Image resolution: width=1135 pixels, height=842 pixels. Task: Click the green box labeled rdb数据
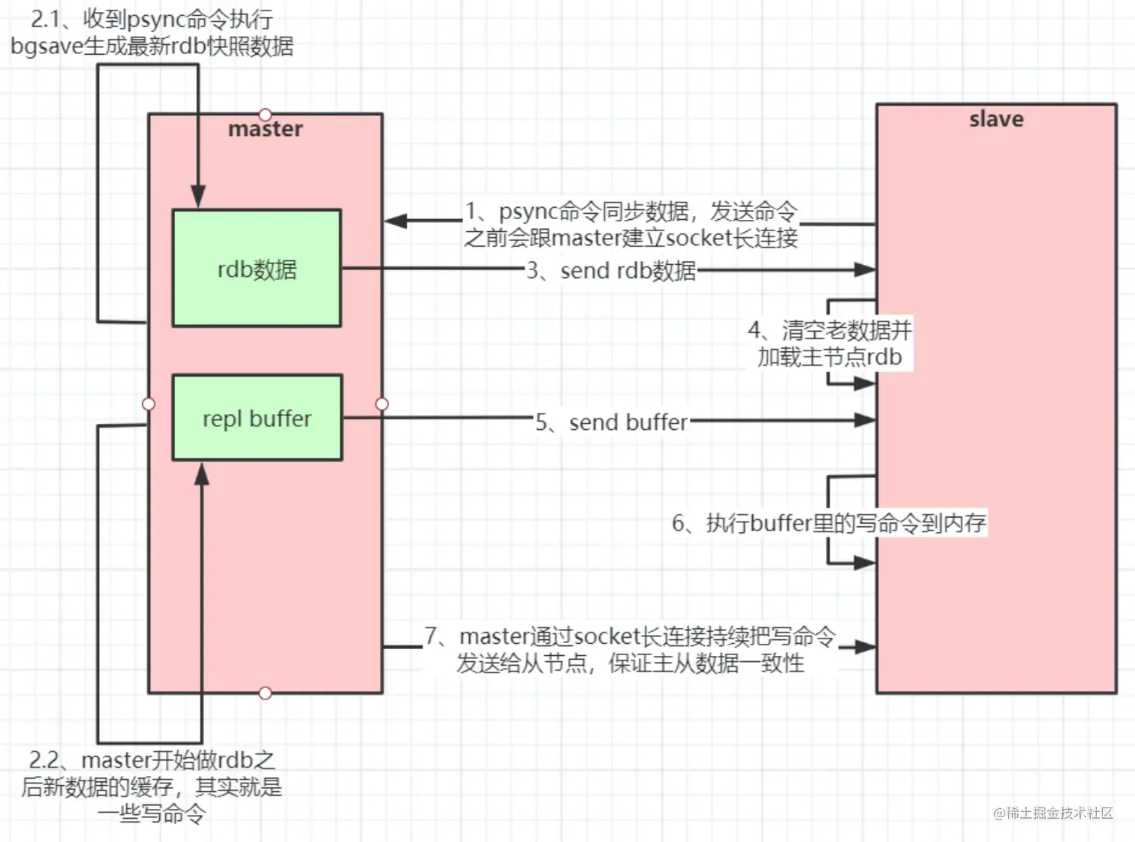coord(257,268)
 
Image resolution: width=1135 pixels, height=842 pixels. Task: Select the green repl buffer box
coord(257,417)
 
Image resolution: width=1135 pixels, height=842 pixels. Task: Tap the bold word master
coord(265,129)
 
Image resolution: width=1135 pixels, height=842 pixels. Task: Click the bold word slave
coord(996,119)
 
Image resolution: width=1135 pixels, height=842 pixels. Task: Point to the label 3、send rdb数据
coord(611,271)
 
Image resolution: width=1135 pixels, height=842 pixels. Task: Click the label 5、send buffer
coord(611,423)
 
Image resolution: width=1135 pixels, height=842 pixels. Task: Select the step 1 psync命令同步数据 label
coord(631,224)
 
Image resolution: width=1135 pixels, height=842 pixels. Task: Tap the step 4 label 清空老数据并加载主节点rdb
coord(829,344)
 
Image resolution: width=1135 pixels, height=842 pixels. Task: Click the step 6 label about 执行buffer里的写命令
coord(829,523)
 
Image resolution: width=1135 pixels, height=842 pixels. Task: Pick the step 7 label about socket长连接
coord(631,650)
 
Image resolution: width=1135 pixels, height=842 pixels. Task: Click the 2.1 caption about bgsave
coord(152,33)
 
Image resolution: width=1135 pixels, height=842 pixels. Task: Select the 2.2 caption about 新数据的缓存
coord(152,786)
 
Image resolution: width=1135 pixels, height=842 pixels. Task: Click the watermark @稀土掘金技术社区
coord(1053,813)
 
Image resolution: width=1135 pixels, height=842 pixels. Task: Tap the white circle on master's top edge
coord(265,114)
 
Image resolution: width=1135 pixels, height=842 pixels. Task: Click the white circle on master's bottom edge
coord(265,693)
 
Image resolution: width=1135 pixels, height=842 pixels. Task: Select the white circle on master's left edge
coord(149,404)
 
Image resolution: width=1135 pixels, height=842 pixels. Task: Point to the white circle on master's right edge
coord(382,404)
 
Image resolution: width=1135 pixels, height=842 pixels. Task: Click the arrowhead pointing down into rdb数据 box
coord(198,197)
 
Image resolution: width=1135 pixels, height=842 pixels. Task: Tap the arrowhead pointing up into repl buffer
coord(202,474)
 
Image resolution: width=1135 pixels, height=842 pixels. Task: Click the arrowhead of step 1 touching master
coord(396,221)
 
